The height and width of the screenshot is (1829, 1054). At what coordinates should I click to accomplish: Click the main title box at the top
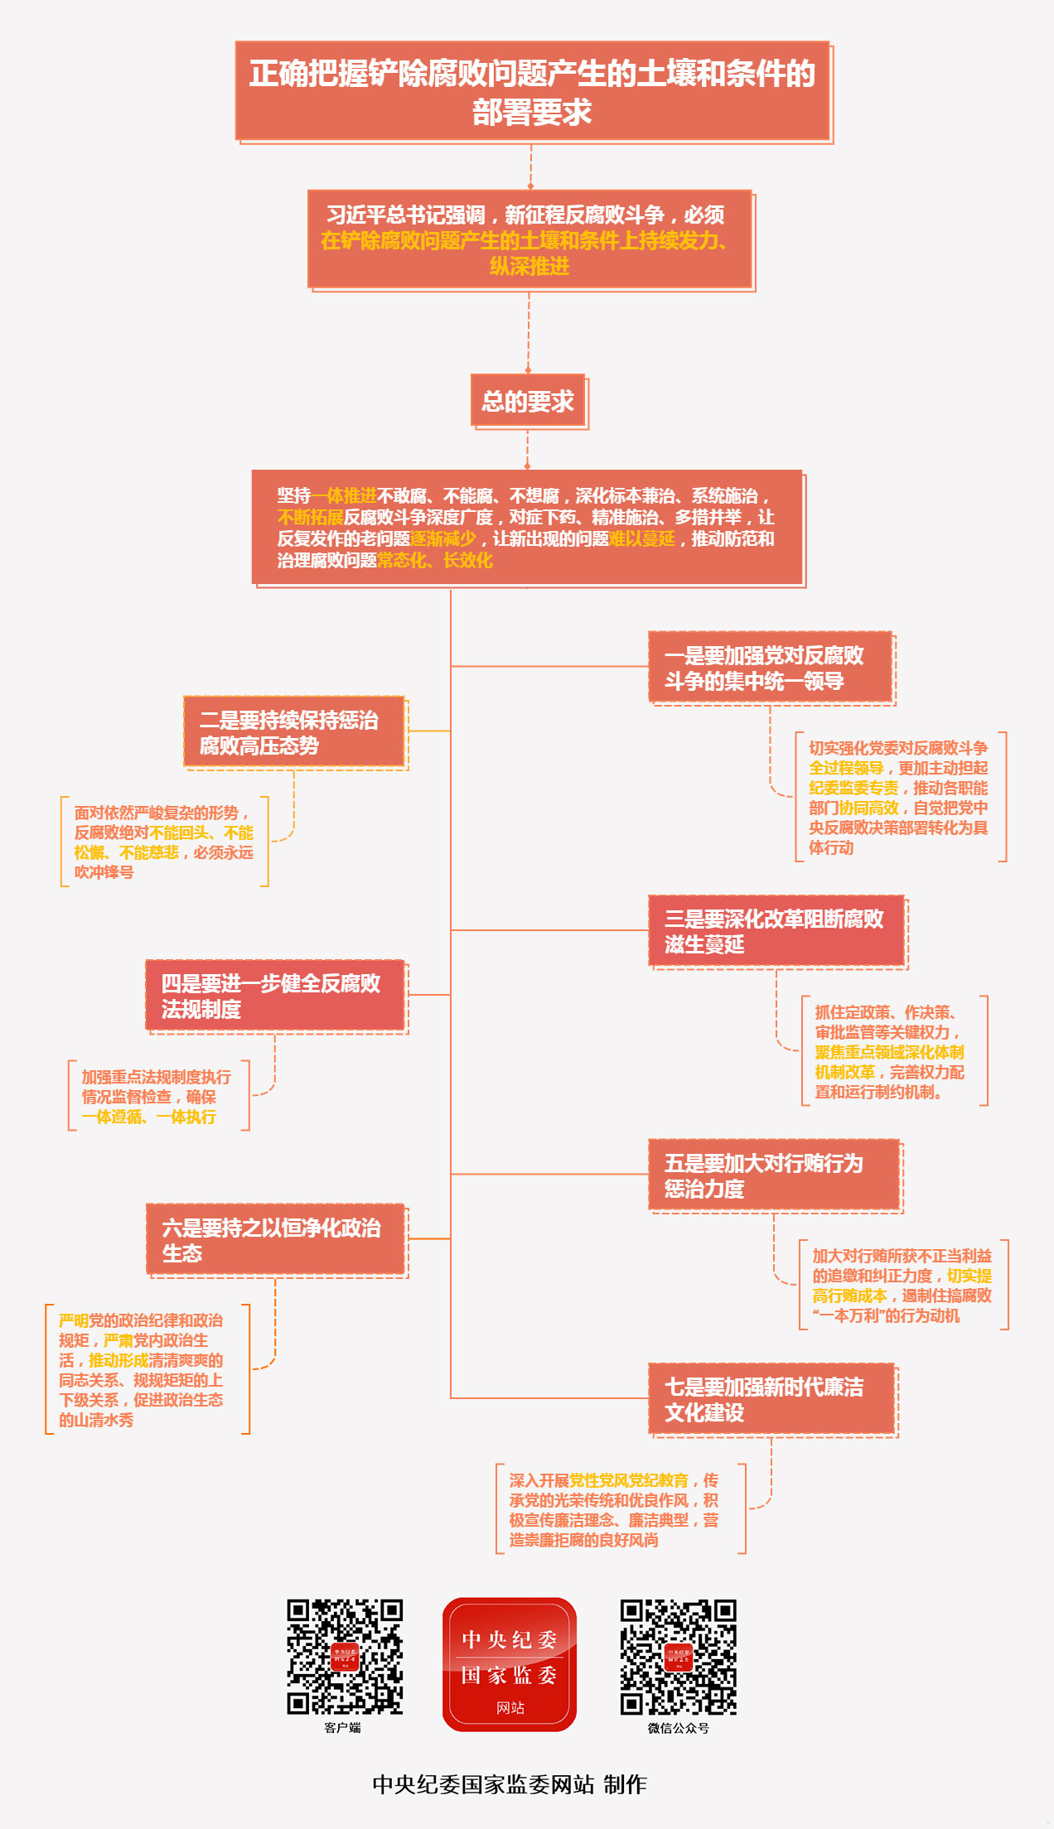(x=532, y=91)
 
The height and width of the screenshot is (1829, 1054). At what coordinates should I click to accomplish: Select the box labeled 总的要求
(x=528, y=401)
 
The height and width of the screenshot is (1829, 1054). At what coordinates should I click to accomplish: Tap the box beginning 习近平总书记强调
(x=529, y=239)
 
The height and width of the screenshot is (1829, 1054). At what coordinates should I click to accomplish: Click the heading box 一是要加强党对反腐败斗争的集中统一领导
(x=770, y=668)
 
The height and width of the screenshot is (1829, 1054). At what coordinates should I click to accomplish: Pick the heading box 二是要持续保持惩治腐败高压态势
(x=293, y=732)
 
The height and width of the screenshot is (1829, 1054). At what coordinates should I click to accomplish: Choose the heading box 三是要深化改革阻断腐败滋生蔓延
(x=776, y=931)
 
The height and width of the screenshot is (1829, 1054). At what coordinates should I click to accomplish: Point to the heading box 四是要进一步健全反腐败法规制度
(x=274, y=996)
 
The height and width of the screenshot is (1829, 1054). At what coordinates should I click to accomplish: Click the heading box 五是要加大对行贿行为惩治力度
(x=773, y=1175)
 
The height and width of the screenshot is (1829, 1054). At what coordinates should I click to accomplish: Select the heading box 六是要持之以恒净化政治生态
(x=274, y=1239)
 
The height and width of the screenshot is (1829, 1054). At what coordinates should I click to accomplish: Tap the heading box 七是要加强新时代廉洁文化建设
(x=771, y=1399)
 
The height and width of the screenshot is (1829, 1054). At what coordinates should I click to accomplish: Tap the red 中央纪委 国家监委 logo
(x=509, y=1664)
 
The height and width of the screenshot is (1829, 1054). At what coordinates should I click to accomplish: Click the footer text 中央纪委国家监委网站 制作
(x=510, y=1784)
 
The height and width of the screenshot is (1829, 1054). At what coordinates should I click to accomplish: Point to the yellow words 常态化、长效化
(x=435, y=561)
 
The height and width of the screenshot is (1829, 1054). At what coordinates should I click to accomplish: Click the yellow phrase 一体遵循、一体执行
(x=149, y=1117)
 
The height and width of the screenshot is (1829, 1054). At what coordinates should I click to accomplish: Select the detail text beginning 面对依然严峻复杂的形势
(x=163, y=842)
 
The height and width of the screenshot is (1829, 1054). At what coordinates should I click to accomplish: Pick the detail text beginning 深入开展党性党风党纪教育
(x=613, y=1510)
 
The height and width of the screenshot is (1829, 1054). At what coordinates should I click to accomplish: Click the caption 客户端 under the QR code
(x=342, y=1728)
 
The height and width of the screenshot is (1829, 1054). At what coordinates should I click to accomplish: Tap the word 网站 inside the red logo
(x=510, y=1708)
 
